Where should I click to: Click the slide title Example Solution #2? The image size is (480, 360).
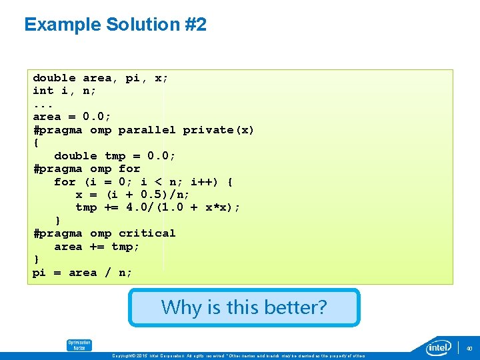(x=115, y=25)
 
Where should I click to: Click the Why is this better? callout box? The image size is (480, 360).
(x=244, y=307)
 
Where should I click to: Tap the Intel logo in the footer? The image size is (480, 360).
(x=439, y=347)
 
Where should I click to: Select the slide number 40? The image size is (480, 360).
(x=469, y=348)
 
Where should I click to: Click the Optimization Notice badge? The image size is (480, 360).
(x=79, y=345)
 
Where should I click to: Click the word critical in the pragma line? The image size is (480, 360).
(x=147, y=233)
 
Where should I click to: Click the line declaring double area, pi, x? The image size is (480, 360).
(x=100, y=78)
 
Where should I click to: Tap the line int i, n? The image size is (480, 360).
(x=64, y=91)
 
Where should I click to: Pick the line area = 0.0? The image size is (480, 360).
(x=72, y=117)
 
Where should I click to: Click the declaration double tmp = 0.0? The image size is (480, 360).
(x=115, y=156)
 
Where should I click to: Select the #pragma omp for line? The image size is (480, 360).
(x=87, y=169)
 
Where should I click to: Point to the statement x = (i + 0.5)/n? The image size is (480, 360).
(x=132, y=195)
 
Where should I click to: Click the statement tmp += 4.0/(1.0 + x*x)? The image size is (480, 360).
(x=157, y=207)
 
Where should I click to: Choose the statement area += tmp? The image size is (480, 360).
(x=97, y=247)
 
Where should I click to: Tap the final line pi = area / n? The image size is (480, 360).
(x=82, y=273)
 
